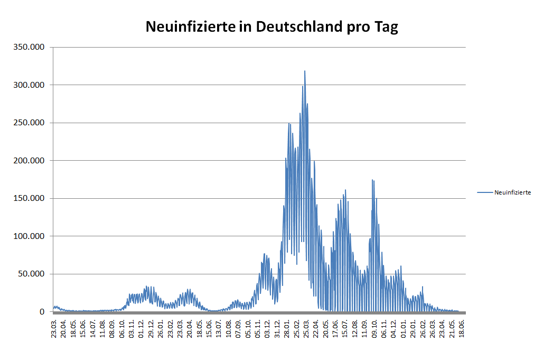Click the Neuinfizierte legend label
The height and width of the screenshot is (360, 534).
[x=512, y=192]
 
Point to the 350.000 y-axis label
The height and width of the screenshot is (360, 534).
[x=30, y=47]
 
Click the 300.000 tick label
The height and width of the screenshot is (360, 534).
[x=30, y=85]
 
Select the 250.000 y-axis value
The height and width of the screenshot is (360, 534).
[x=30, y=123]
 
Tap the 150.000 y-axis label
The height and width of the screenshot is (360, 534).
[x=30, y=198]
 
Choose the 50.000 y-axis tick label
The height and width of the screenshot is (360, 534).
[x=32, y=274]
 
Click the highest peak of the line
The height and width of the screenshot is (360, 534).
[x=305, y=71]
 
